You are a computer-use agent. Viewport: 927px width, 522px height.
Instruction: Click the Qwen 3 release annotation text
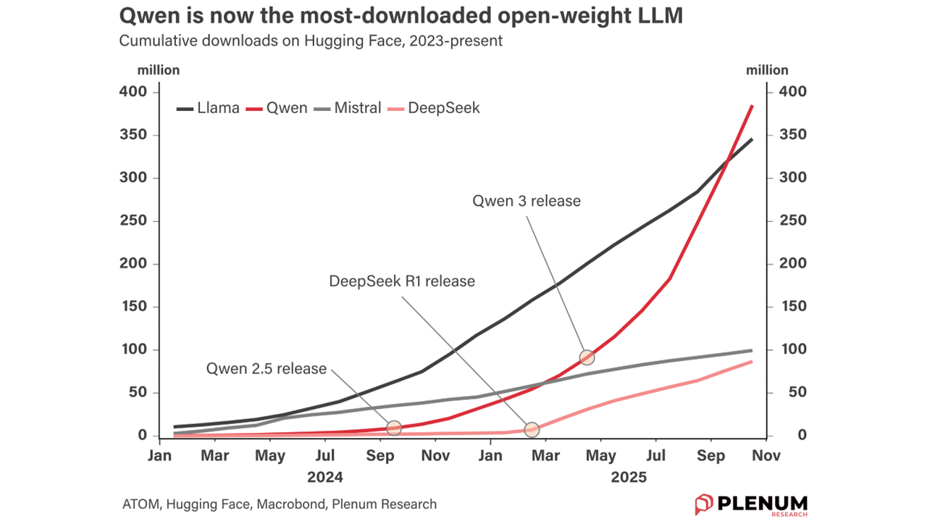[x=527, y=201]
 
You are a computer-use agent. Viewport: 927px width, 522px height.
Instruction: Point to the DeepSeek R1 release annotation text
[x=402, y=281]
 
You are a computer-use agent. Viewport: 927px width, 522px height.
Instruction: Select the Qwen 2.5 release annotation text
[x=267, y=368]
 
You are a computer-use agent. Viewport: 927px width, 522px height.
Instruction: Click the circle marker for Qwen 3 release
[x=587, y=357]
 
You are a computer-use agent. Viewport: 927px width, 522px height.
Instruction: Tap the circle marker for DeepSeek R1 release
[x=532, y=429]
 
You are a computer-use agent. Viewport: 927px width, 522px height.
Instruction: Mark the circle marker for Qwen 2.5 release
[x=394, y=428]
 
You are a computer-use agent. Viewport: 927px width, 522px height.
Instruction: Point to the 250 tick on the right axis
[x=792, y=221]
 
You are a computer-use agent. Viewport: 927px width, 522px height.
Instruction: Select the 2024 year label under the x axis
[x=324, y=478]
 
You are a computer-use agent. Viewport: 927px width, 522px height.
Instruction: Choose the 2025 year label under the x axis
[x=628, y=478]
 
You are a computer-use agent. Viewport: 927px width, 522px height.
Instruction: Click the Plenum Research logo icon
[x=704, y=504]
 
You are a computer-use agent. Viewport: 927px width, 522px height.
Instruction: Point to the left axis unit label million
[x=159, y=70]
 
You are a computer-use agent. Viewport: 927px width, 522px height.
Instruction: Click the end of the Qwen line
[x=752, y=106]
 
